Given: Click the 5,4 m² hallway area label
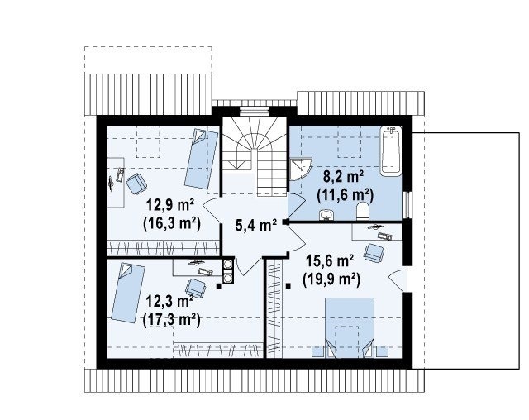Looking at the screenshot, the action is pos(256,225).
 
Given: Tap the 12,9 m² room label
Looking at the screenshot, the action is pos(170,204).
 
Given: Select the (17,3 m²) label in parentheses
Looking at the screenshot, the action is pos(171,319).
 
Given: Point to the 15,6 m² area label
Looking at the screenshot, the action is pos(330,260).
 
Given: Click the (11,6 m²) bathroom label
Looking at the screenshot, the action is pos(346,195).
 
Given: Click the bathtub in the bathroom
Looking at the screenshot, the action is pos(391,150).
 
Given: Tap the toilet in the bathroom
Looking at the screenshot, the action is pos(363,212).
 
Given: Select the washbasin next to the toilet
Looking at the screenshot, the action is pos(326,215).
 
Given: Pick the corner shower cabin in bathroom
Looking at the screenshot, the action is pos(301,169).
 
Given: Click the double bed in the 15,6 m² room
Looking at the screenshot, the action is pos(349,327).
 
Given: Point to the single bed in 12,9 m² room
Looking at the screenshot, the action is pos(201,159).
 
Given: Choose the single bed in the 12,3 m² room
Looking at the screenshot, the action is pos(128,293).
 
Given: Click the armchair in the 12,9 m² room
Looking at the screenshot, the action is pos(136,184).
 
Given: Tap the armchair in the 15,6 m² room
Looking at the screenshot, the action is pos(374,253).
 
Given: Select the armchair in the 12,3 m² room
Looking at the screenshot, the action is pos(196,289).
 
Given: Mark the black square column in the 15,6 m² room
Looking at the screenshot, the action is pos(288,286).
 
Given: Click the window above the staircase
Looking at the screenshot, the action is pos(254,111).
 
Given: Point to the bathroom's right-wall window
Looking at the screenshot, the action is pos(407,205).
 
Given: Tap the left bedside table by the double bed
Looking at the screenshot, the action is pos(318,351).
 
